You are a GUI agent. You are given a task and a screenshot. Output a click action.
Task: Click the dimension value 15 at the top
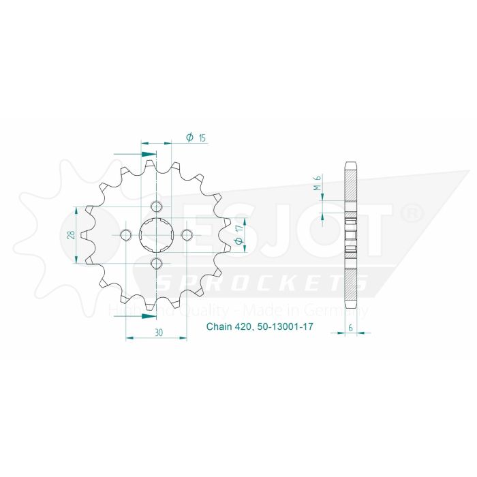202,138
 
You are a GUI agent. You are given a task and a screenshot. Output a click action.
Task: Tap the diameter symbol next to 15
189,138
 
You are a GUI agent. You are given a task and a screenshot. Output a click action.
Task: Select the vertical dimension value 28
71,235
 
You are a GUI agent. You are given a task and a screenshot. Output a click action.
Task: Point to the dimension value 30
158,333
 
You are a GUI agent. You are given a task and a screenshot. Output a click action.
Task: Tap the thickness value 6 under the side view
350,328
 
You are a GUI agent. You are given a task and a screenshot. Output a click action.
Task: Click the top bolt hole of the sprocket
156,207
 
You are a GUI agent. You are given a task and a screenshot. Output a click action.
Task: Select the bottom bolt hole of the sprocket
156,264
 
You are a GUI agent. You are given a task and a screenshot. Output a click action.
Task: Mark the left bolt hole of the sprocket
126,235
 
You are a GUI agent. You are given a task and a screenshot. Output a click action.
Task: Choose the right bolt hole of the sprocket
185,235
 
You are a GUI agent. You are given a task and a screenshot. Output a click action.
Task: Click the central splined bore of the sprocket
156,235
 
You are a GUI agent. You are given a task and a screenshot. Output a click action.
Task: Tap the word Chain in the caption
218,328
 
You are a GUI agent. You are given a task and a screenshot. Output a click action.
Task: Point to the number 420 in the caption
243,328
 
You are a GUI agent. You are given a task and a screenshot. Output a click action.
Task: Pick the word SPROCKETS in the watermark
266,283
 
